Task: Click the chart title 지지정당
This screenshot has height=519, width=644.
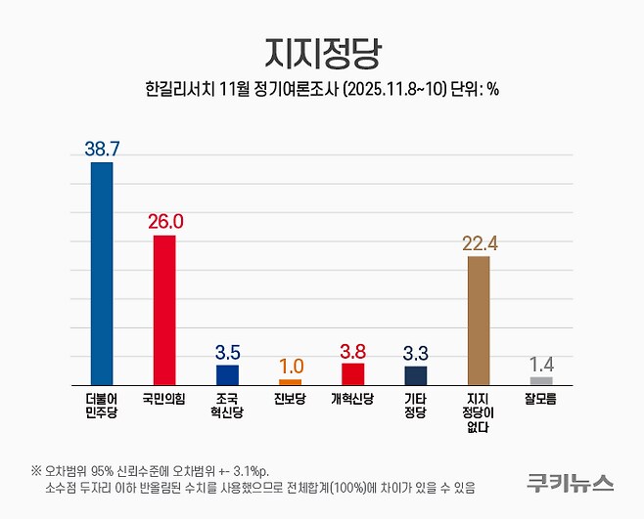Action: coord(321,50)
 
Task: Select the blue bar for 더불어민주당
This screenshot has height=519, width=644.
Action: coord(102,274)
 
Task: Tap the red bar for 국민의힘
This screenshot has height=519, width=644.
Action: coord(164,310)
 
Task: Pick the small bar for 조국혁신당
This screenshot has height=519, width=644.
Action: coord(227,374)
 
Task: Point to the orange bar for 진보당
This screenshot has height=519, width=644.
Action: coord(290,382)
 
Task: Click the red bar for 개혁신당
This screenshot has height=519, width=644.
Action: coord(352,373)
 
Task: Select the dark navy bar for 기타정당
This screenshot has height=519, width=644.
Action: coord(415,375)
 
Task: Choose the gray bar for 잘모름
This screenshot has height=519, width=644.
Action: coord(541,380)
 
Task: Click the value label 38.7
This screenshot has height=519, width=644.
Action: coord(102,149)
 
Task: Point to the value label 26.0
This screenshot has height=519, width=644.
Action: coord(164,222)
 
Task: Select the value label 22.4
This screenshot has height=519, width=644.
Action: coord(479,243)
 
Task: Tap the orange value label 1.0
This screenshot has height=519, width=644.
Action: coord(290,366)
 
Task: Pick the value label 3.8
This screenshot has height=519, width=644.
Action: coord(352,350)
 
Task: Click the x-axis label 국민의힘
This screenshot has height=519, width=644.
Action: coord(164,399)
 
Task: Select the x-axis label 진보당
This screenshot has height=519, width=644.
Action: coord(290,399)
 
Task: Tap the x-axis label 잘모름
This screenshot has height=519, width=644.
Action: coord(541,399)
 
